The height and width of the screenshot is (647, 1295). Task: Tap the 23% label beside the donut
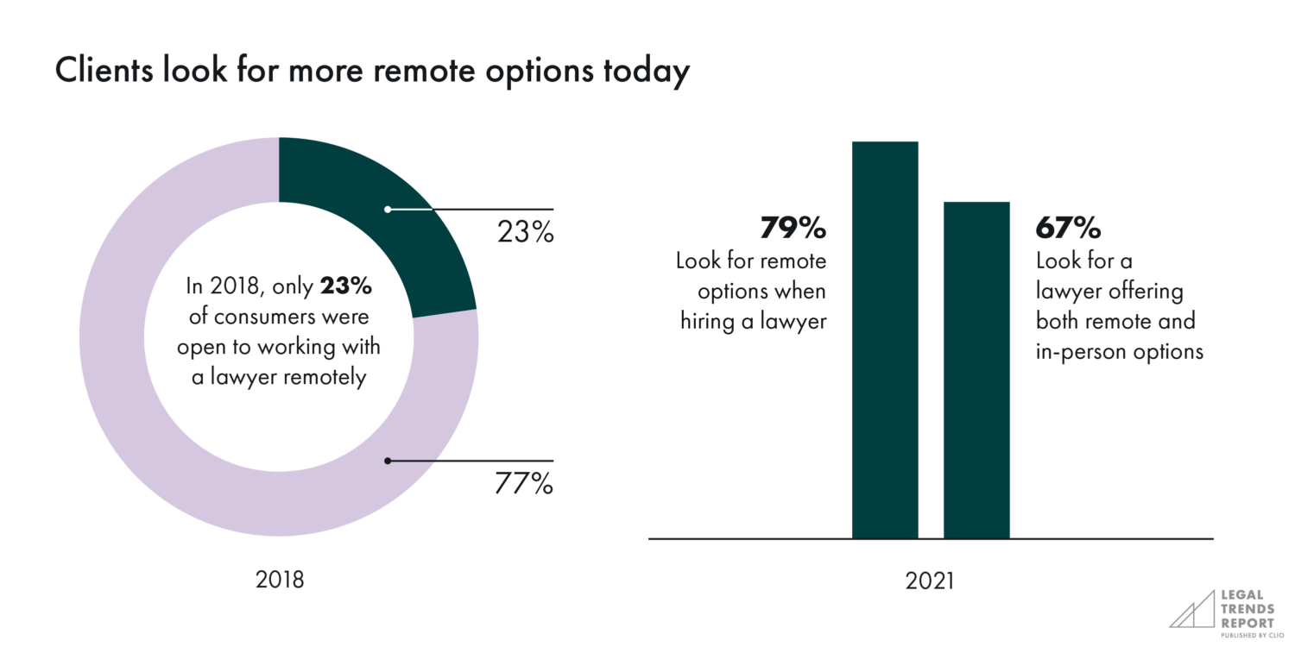click(x=524, y=233)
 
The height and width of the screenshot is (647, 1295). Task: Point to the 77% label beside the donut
click(x=523, y=485)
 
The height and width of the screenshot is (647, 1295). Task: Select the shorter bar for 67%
click(x=976, y=370)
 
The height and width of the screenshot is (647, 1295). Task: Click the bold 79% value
click(x=793, y=229)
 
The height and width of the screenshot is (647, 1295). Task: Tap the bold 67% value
click(x=1068, y=229)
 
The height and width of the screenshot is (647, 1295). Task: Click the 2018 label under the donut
click(x=280, y=580)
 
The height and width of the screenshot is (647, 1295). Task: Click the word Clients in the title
click(x=104, y=72)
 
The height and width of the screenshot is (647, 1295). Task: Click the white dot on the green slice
click(x=388, y=209)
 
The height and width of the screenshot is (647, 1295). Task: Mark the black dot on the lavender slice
click(x=388, y=461)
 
